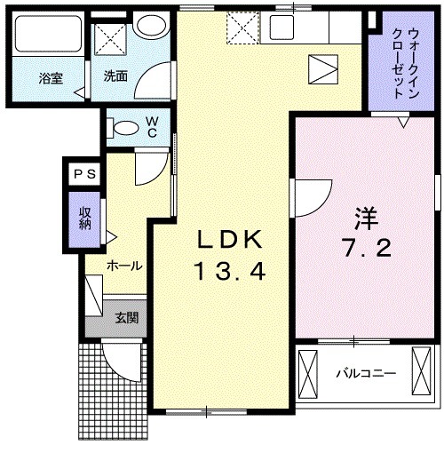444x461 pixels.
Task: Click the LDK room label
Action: click(229, 240)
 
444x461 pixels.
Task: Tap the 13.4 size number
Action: click(229, 269)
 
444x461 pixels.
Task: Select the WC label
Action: click(152, 126)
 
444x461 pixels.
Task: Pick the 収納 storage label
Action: click(85, 219)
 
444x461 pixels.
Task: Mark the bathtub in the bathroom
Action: click(50, 38)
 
